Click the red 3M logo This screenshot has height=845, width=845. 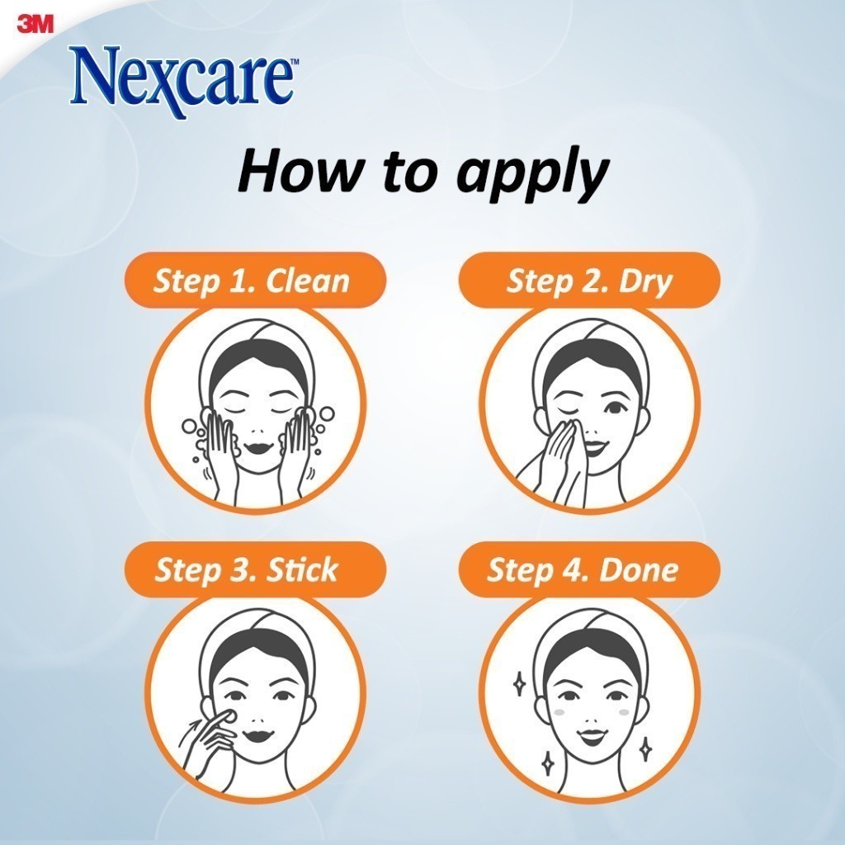pos(35,25)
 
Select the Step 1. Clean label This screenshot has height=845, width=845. pos(251,281)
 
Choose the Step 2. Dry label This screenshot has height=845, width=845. pos(589,281)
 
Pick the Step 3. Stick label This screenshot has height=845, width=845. pos(246,570)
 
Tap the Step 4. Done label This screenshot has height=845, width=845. pos(583,570)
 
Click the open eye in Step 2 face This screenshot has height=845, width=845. pos(613,408)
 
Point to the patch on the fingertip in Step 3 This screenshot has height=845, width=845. pos(229,716)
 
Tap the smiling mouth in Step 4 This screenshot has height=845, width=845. pos(592,735)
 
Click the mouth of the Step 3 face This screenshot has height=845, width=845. pos(257,734)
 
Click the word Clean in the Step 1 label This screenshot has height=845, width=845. pos(308,281)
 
